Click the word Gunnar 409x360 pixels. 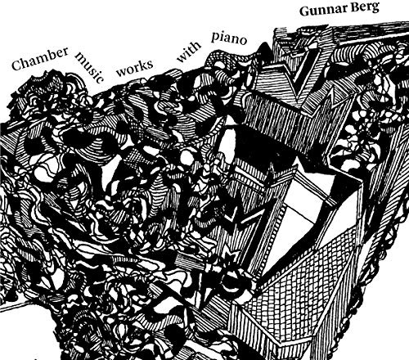pyautogui.click(x=318, y=10)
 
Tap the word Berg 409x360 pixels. pyautogui.click(x=361, y=7)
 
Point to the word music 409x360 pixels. pyautogui.click(x=89, y=68)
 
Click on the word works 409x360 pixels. pyautogui.click(x=134, y=68)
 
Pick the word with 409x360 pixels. pyautogui.click(x=189, y=52)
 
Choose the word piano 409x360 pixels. pyautogui.click(x=229, y=38)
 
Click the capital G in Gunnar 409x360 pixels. pyautogui.click(x=304, y=11)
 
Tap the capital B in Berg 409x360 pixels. pyautogui.click(x=348, y=7)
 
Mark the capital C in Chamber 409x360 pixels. pyautogui.click(x=16, y=65)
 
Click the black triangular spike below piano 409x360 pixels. pyautogui.click(x=263, y=51)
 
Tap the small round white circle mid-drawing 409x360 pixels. pyautogui.click(x=187, y=157)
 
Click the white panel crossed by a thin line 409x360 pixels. pyautogui.click(x=308, y=211)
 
